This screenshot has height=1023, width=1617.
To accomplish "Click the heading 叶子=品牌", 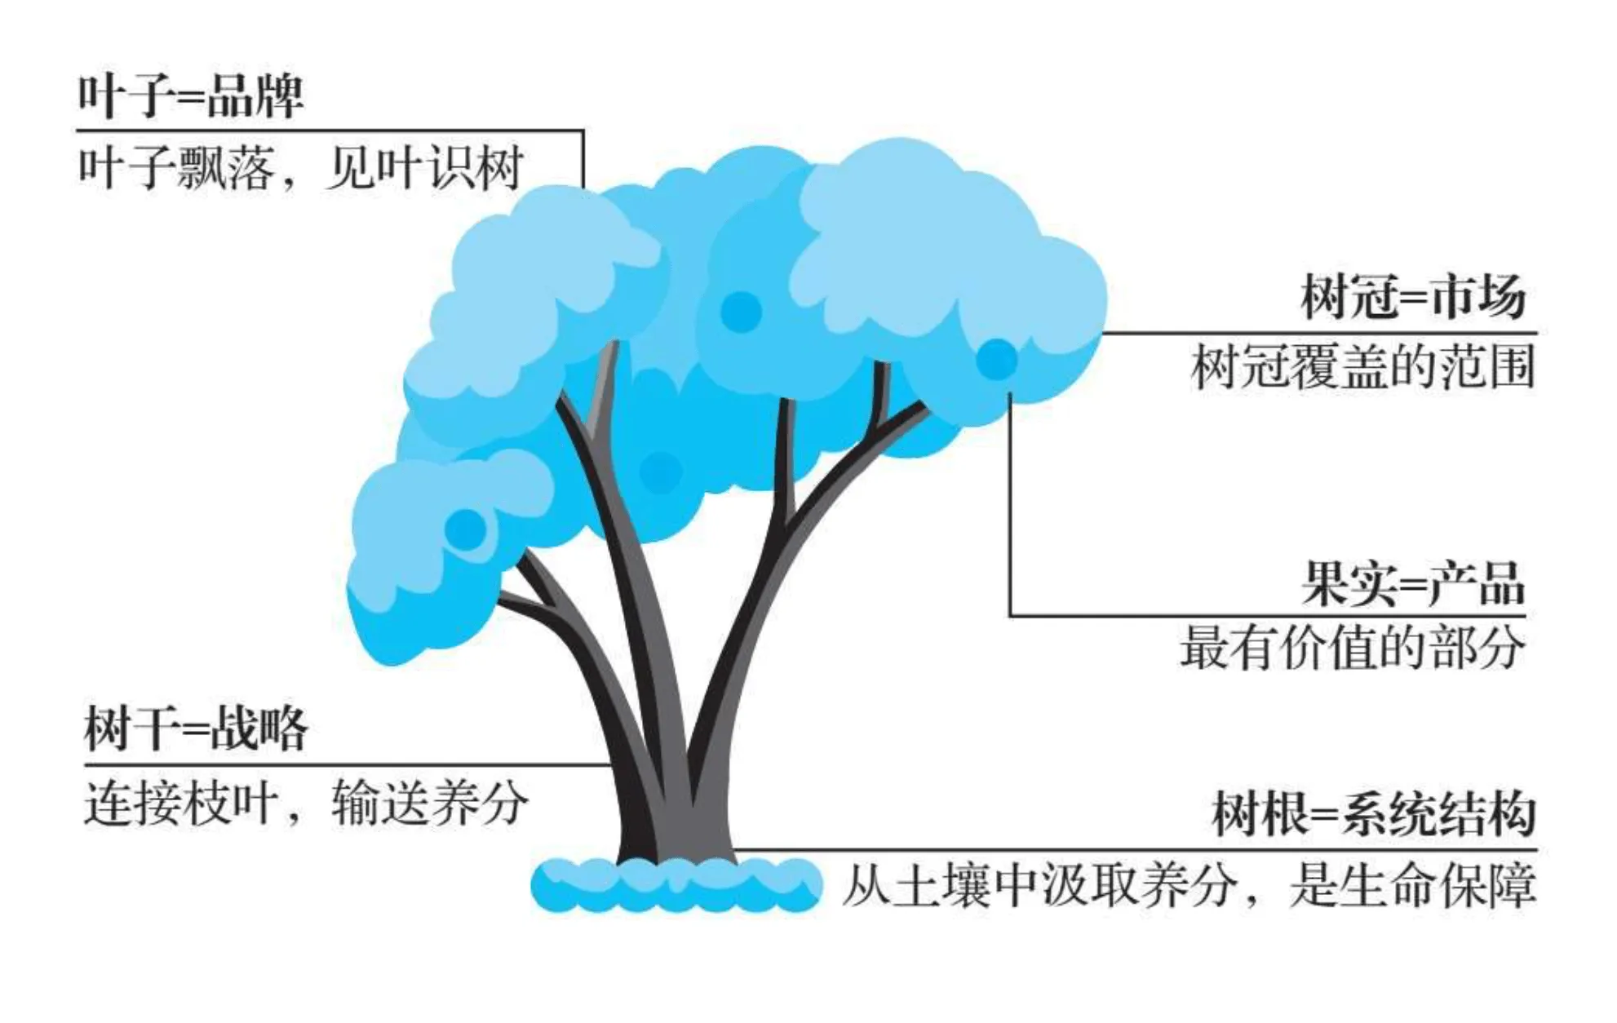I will pos(190,96).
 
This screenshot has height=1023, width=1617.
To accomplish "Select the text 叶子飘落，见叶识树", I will pos(300,168).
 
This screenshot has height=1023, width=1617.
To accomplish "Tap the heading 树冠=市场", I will pos(1412,297).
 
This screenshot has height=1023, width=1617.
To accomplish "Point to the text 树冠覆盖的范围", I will pos(1362,367).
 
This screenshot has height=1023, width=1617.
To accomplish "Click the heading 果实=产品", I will pos(1412,584).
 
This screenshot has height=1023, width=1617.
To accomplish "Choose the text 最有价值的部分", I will pos(1352,649).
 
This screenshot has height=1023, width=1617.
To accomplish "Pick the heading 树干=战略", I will pos(196,728).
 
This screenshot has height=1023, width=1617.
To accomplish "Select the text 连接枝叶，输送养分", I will pos(306,804).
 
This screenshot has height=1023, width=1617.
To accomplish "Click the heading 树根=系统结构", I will pos(1373,814).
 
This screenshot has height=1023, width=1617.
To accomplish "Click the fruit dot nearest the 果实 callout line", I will pos(996,359).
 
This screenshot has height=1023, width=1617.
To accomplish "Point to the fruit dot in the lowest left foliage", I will pos(466,529).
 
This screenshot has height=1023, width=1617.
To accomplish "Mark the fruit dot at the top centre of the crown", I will pos(741,311).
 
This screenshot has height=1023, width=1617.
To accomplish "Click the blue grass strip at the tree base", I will pos(676,885).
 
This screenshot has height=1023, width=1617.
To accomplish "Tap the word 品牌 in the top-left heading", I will pos(255,96).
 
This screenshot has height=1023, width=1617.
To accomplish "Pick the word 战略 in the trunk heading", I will pos(259,728).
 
